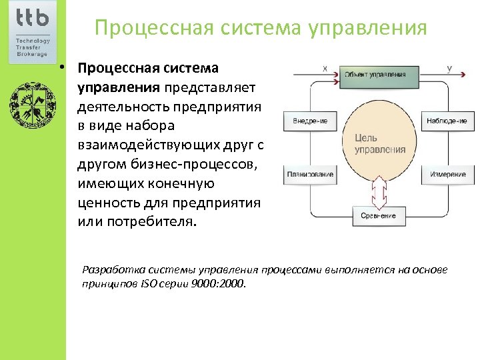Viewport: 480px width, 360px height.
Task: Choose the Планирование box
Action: pos(310,174)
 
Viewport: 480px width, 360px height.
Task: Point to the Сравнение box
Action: pos(378,215)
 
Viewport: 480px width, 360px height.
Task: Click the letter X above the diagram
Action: pos(325,68)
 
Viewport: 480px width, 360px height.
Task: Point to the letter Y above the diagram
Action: pos(449,68)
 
